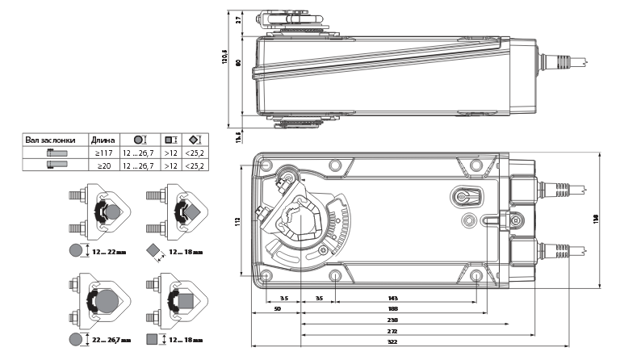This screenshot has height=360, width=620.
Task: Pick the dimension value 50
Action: tap(277, 308)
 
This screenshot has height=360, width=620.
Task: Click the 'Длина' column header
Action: tap(103, 140)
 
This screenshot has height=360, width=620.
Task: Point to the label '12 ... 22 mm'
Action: tap(110, 251)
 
